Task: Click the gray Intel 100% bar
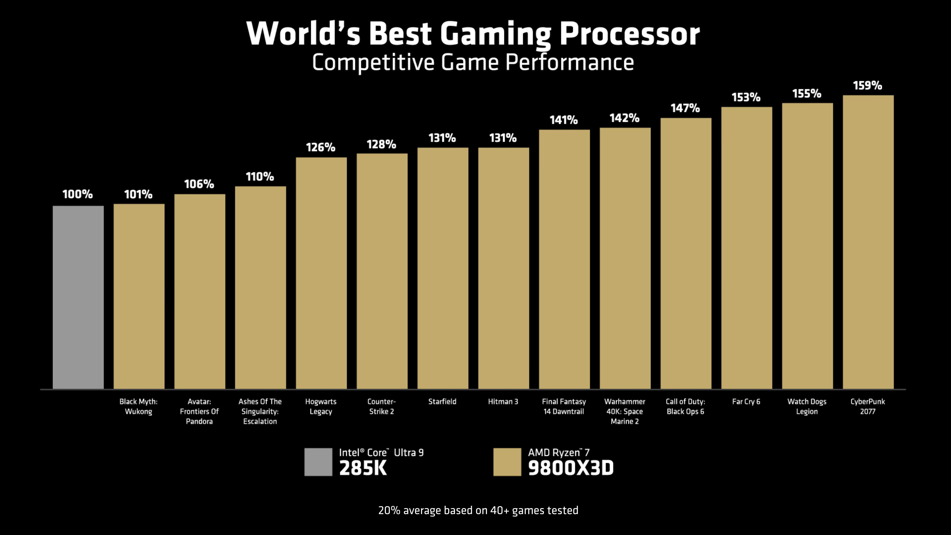(78, 297)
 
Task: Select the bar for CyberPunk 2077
(868, 242)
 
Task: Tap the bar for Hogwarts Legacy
(321, 273)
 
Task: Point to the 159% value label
(868, 86)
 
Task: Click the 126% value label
(320, 147)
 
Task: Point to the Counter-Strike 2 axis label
(381, 406)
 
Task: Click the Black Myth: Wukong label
(138, 406)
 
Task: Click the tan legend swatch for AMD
(507, 462)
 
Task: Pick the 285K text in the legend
(363, 468)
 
